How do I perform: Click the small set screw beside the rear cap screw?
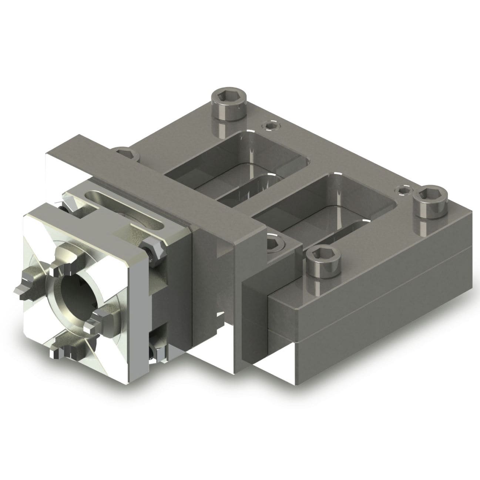[x=269, y=126]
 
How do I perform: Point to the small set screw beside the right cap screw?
[x=403, y=190]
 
